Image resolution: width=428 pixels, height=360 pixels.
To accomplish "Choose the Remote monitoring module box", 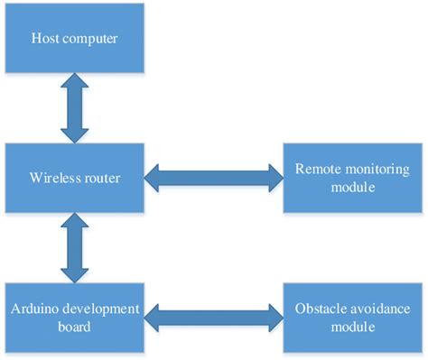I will coord(354,176).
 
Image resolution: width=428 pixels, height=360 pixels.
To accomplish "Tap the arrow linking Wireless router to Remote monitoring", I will coord(213,178).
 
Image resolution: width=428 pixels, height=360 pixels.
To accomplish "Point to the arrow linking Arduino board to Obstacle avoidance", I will coord(213,317).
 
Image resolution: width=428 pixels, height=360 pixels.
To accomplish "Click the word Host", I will coord(46,38).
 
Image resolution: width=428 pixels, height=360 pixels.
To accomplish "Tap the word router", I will coord(100,177).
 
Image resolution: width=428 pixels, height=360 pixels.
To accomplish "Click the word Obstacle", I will coord(321,309).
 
